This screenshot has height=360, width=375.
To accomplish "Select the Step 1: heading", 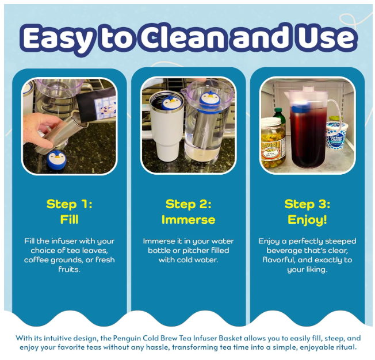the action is tap(70, 204).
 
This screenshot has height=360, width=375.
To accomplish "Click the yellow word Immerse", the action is tap(189, 220).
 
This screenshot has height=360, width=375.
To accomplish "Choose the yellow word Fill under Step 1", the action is tap(70, 220).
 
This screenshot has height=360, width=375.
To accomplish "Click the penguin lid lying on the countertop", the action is tap(57, 159).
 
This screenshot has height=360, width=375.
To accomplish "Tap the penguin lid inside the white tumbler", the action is tap(170, 102).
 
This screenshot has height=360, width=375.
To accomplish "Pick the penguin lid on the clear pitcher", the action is tap(209, 101).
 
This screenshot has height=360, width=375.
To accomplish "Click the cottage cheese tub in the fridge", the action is tap(336, 135).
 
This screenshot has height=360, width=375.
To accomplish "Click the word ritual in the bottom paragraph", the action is tap(346, 347).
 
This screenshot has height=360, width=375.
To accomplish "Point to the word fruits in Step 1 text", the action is tap(69, 270).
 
